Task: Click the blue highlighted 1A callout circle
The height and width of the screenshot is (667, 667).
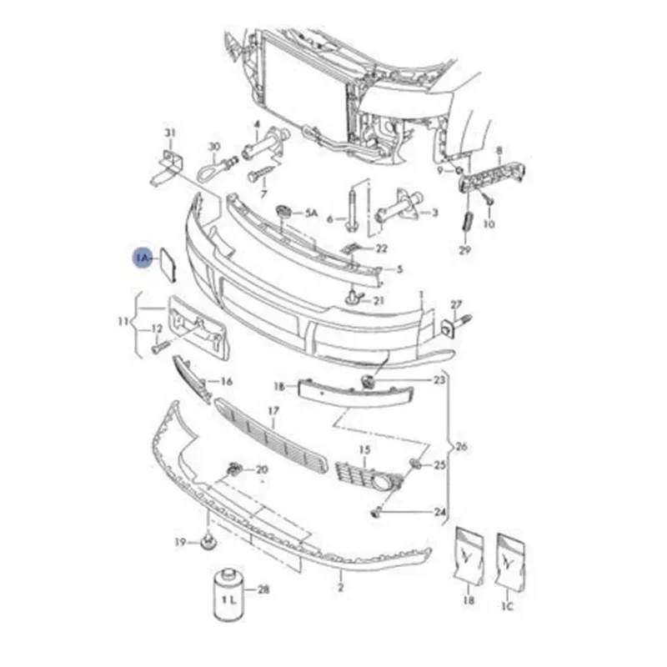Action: [143, 258]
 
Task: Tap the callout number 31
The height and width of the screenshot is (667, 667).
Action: [170, 133]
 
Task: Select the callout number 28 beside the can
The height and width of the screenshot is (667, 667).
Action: [263, 589]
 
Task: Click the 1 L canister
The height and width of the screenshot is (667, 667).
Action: [228, 594]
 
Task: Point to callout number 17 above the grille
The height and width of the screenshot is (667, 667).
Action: [273, 411]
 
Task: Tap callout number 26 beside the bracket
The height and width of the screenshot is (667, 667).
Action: [461, 447]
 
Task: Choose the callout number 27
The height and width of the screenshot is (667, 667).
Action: [456, 304]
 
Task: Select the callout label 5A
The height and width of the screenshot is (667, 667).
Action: [311, 213]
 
